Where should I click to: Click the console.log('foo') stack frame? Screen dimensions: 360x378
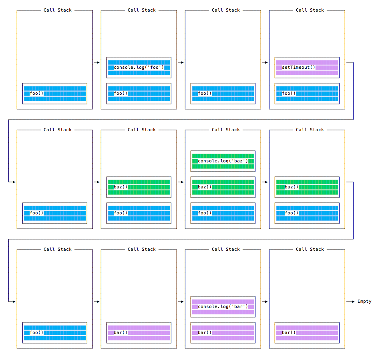click(139, 68)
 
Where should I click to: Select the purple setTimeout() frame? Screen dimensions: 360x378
click(307, 68)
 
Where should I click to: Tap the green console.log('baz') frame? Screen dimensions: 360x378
click(223, 161)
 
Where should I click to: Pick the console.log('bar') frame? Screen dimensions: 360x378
click(223, 307)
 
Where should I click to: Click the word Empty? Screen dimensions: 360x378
click(364, 302)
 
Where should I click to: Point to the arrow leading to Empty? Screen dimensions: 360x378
click(350, 302)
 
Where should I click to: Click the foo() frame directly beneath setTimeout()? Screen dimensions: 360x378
click(307, 94)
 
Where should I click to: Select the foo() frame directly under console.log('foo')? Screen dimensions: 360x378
click(139, 94)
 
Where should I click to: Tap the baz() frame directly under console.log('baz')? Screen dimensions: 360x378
click(223, 187)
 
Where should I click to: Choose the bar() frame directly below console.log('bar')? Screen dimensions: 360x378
click(223, 333)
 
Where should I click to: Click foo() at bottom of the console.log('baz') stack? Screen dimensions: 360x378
click(223, 213)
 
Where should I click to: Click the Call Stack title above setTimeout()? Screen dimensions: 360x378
click(310, 10)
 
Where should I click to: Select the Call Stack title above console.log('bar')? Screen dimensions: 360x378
click(225, 249)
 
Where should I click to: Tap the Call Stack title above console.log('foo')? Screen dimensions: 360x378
click(141, 10)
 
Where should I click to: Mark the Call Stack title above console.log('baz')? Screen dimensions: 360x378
click(225, 130)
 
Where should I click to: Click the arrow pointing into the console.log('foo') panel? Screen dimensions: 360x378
click(97, 62)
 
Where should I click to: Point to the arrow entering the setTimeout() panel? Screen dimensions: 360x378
click(265, 62)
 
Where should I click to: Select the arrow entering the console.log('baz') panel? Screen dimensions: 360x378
click(181, 182)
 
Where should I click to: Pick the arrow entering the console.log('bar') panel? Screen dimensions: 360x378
click(181, 302)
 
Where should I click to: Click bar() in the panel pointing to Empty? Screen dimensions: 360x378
click(307, 333)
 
